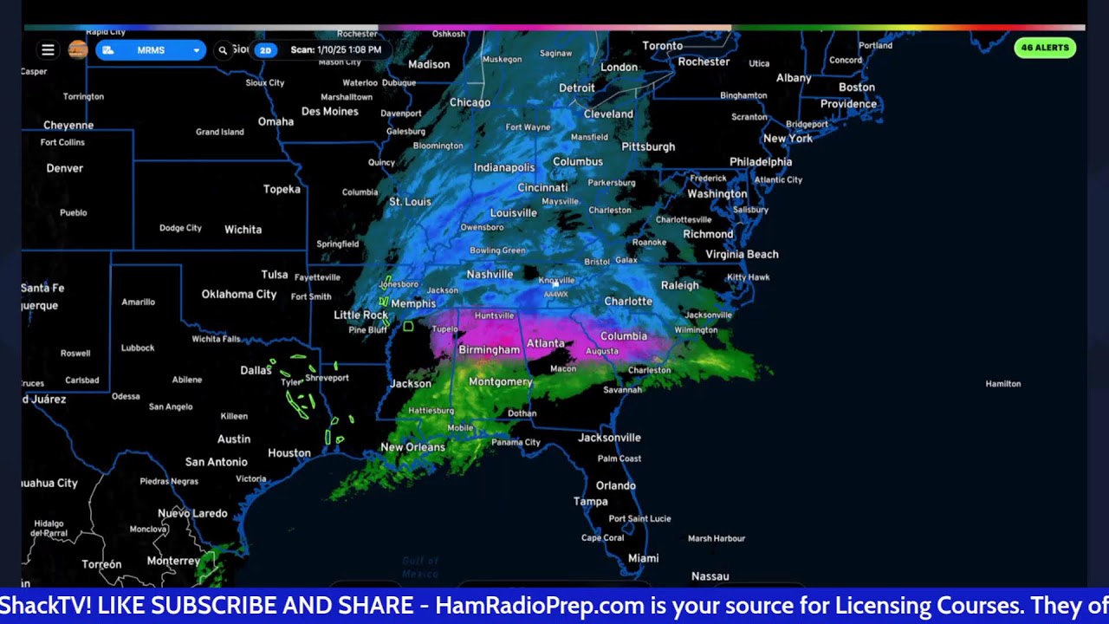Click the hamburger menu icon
click(x=48, y=50)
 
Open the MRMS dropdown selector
click(x=151, y=50)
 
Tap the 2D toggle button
click(x=265, y=50)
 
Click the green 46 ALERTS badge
click(x=1045, y=48)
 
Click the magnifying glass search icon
click(x=223, y=50)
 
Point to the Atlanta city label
click(x=546, y=343)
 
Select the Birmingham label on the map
click(x=490, y=350)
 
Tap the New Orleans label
click(x=412, y=447)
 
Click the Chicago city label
click(x=470, y=102)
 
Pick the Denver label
click(x=65, y=168)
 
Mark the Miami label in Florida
click(x=644, y=558)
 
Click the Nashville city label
click(x=490, y=275)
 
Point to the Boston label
click(x=856, y=87)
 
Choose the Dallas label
click(x=256, y=370)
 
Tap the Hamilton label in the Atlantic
click(x=1002, y=383)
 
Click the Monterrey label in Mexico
click(x=173, y=561)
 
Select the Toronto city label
click(x=663, y=45)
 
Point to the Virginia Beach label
click(x=742, y=254)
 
